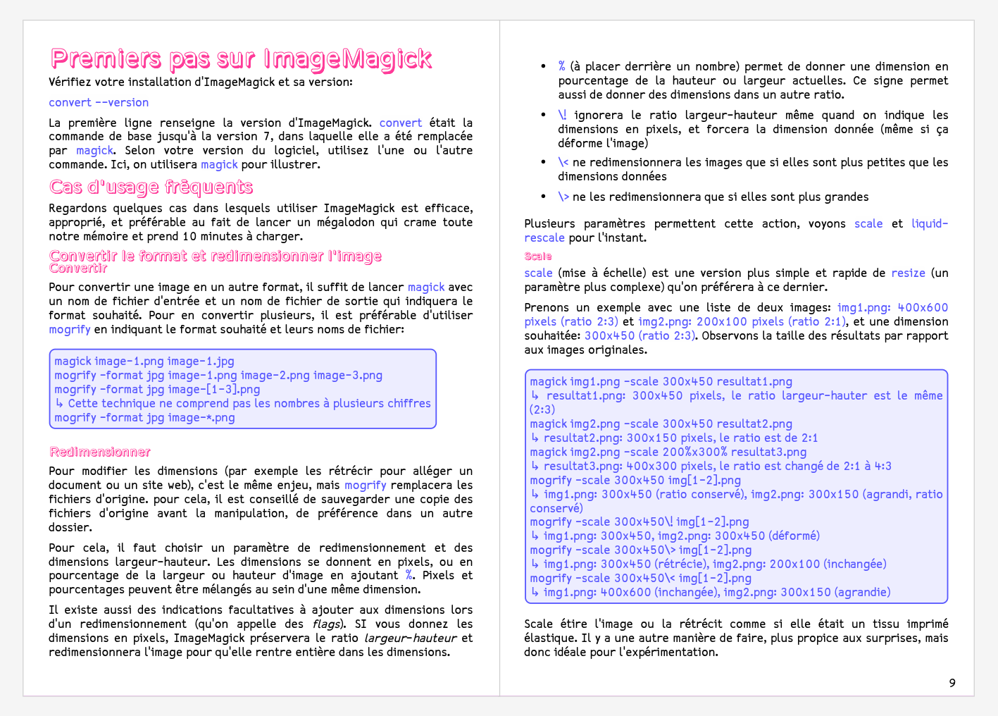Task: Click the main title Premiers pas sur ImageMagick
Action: (x=241, y=58)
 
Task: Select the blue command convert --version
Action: (x=99, y=103)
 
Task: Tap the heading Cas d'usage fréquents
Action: (x=151, y=187)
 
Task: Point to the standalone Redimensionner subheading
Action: (x=100, y=452)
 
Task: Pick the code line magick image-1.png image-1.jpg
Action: (x=144, y=362)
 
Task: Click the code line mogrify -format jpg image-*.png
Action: (x=144, y=418)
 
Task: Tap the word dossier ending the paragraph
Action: (x=70, y=528)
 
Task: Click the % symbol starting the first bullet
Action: (x=561, y=67)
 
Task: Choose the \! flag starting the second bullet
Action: (x=562, y=116)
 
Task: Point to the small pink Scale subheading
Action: (x=538, y=257)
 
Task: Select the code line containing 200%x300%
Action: (x=668, y=452)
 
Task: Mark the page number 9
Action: (x=952, y=683)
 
